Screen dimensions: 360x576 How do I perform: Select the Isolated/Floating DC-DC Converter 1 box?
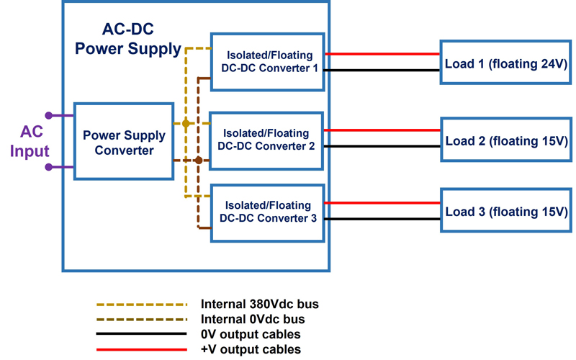[267, 61]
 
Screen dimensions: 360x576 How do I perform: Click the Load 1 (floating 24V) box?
[507, 63]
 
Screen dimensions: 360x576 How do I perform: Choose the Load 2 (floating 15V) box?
[507, 140]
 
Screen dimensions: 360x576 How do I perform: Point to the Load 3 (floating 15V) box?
[507, 212]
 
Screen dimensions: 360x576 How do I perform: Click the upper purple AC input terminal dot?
[49, 115]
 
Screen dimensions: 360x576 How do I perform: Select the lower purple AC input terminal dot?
[49, 167]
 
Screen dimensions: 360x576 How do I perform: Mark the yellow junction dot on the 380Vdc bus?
[186, 124]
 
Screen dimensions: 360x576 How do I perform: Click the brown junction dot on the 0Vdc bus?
[198, 160]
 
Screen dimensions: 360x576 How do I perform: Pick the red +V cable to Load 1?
[382, 54]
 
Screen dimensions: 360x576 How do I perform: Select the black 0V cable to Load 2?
[382, 147]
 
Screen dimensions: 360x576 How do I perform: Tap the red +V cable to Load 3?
[382, 203]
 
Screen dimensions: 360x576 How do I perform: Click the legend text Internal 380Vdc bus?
[259, 304]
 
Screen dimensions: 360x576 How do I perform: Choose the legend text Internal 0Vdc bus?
[253, 319]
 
